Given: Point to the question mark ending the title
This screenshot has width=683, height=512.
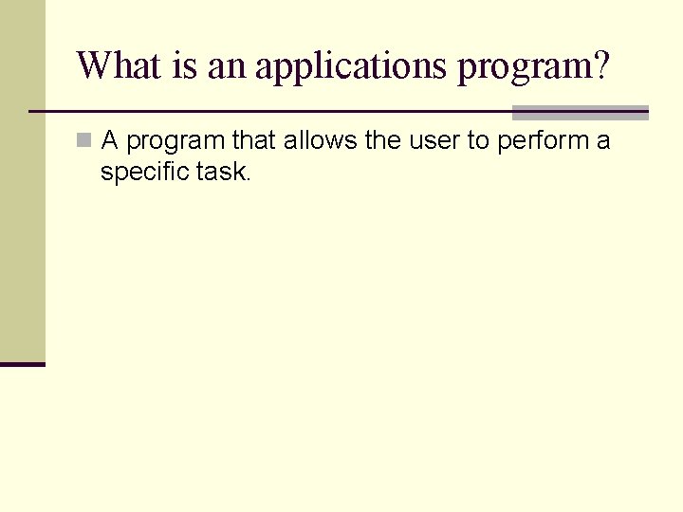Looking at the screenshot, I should [600, 66].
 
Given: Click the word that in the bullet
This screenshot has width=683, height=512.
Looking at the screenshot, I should [253, 141].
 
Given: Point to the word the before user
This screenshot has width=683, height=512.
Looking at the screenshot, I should [383, 141].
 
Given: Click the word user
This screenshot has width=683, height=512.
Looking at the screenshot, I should [434, 142].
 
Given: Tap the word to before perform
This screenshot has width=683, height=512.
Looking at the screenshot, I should [480, 141].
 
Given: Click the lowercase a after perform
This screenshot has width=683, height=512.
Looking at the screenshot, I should [603, 142].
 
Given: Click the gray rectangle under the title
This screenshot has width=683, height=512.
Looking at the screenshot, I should [580, 113].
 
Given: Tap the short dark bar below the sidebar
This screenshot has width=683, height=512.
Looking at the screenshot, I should [23, 364].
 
